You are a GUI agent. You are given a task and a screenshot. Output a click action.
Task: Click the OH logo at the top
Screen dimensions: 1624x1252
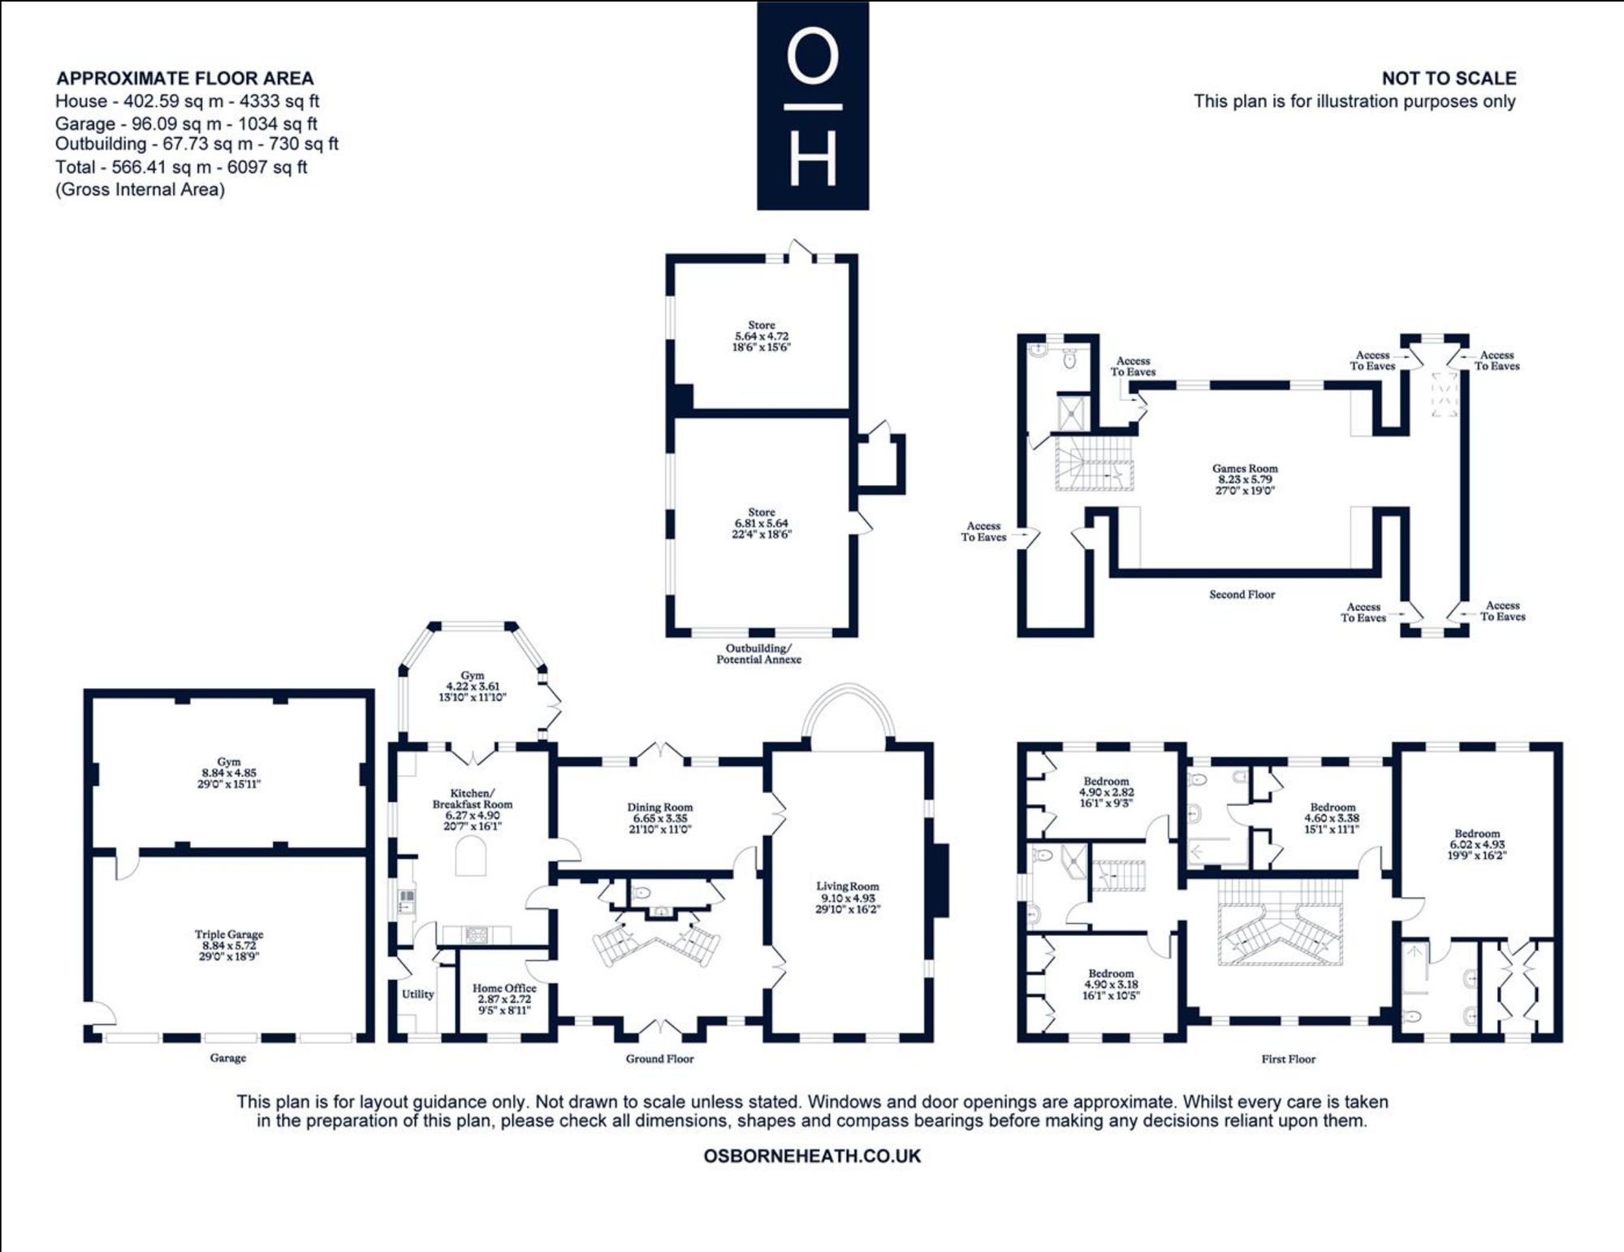(x=813, y=106)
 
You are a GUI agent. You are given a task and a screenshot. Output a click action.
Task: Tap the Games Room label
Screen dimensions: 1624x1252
(x=1245, y=479)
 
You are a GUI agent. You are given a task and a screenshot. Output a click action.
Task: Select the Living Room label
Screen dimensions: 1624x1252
(x=848, y=898)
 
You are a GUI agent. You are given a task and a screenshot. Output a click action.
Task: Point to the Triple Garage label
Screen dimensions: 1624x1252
(x=229, y=946)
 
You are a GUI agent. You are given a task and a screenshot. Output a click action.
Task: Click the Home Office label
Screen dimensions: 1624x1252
(x=504, y=999)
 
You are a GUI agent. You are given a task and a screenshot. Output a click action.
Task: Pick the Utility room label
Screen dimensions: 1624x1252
(x=418, y=994)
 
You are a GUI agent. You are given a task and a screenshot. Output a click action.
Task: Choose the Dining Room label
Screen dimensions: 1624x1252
(x=660, y=818)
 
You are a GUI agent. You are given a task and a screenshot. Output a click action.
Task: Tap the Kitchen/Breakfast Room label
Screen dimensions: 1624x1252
(x=473, y=809)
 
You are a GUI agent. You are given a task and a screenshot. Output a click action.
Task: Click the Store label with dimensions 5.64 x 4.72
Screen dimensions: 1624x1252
(x=762, y=336)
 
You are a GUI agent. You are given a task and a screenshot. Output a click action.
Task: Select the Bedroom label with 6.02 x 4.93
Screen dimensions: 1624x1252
(x=1477, y=844)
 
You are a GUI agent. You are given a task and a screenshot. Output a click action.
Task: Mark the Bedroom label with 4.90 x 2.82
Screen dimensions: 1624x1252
(x=1106, y=792)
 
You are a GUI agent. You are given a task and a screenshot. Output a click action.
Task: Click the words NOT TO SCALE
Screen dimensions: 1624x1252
(x=1449, y=78)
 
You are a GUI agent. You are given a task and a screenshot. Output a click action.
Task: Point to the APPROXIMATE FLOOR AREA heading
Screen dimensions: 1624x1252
(x=184, y=78)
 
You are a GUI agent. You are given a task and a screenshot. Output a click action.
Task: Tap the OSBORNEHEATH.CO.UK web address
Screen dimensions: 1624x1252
(x=812, y=1156)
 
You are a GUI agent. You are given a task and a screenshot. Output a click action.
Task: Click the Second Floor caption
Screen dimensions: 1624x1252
(x=1242, y=595)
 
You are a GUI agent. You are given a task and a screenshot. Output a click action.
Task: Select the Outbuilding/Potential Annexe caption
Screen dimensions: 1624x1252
(x=758, y=654)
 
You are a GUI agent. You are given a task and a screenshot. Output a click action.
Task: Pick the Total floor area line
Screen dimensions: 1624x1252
(x=181, y=167)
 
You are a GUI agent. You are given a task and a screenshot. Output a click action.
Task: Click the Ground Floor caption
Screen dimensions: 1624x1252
(x=659, y=1059)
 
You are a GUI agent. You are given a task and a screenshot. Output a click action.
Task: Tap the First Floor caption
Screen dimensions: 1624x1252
(x=1289, y=1059)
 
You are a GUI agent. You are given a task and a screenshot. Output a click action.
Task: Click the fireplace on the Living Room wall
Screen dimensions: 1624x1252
(x=940, y=882)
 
